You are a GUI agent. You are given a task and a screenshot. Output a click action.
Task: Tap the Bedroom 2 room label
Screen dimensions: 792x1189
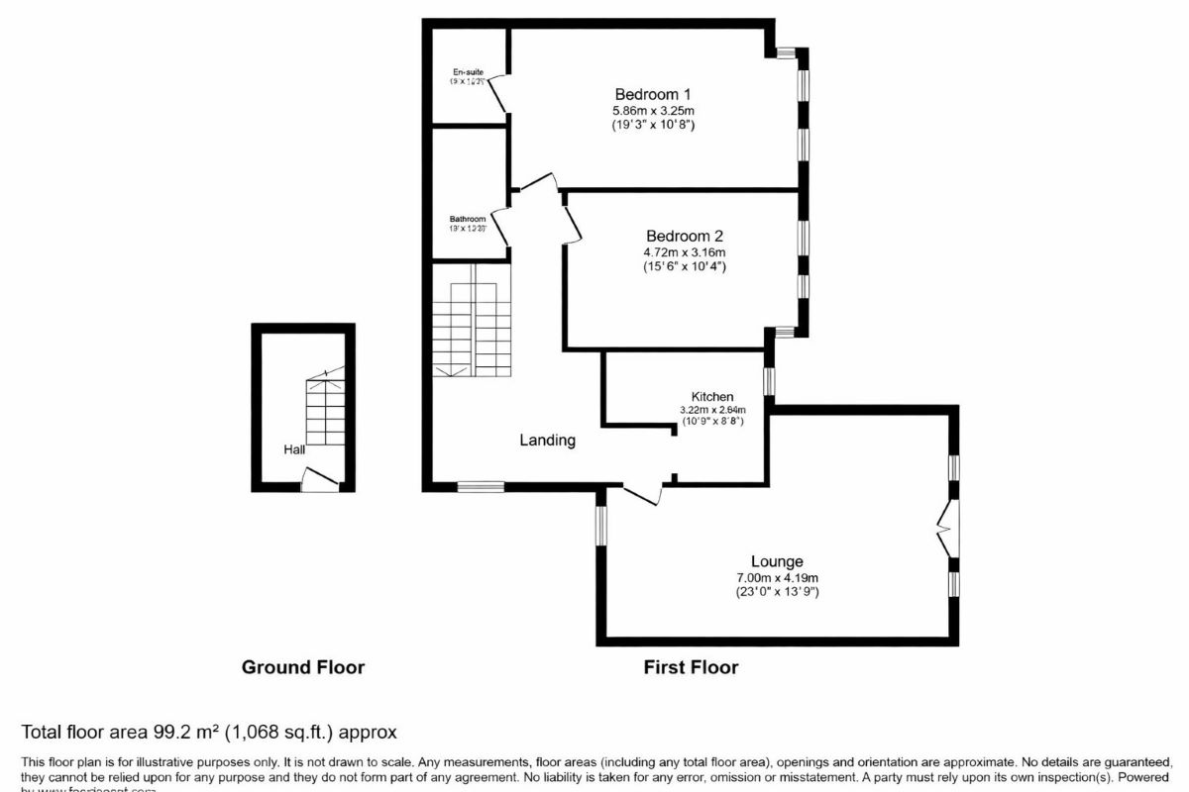pyautogui.click(x=684, y=236)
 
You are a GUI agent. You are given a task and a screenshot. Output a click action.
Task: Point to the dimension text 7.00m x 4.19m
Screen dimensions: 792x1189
pyautogui.click(x=776, y=578)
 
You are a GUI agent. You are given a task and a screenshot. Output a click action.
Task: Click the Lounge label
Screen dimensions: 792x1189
pyautogui.click(x=777, y=561)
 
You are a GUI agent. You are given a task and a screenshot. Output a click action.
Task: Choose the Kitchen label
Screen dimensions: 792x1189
pyautogui.click(x=711, y=396)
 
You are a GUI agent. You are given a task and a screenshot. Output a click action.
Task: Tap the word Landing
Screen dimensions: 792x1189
pyautogui.click(x=547, y=441)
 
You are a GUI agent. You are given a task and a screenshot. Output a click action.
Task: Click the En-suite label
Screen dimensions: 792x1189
pyautogui.click(x=468, y=72)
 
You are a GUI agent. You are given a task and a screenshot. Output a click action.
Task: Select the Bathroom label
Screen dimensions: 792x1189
pyautogui.click(x=468, y=219)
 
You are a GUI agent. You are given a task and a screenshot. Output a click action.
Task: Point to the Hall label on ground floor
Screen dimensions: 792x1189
pyautogui.click(x=294, y=449)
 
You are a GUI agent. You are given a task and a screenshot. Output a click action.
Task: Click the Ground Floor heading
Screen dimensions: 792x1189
pyautogui.click(x=303, y=667)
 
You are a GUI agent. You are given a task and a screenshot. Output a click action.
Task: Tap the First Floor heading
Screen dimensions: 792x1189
pyautogui.click(x=691, y=667)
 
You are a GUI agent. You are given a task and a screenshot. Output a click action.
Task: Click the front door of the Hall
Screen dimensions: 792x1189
pyautogui.click(x=319, y=480)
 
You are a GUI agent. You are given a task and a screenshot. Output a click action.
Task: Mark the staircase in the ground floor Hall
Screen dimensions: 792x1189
pyautogui.click(x=325, y=406)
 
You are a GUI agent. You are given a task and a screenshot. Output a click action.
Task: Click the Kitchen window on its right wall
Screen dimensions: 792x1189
pyautogui.click(x=768, y=381)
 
